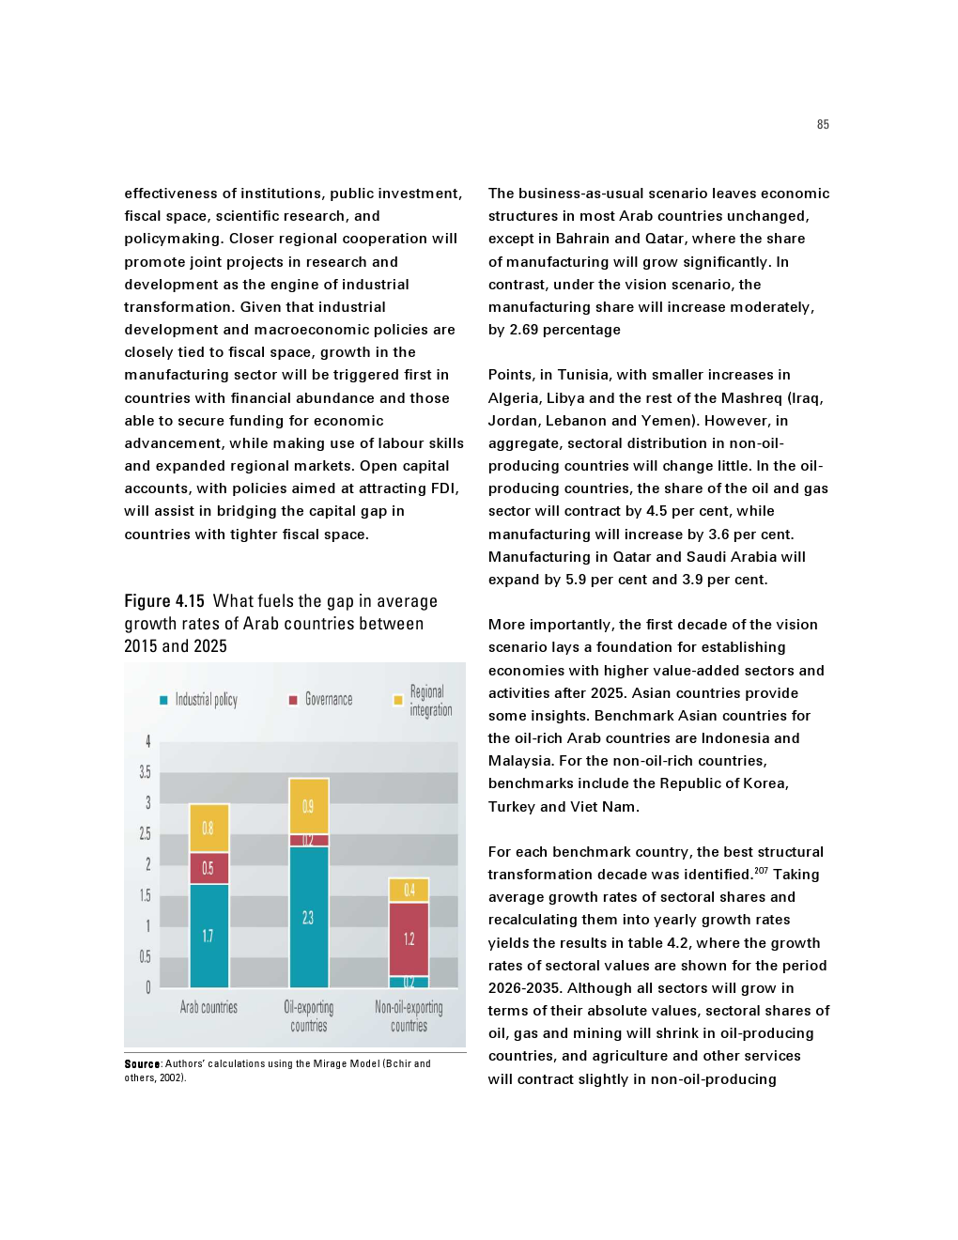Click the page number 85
pyautogui.click(x=823, y=125)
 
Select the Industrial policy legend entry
pyautogui.click(x=198, y=700)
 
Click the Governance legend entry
pyautogui.click(x=320, y=700)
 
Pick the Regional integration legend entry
pyautogui.click(x=424, y=701)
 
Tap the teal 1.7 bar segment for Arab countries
pyautogui.click(x=209, y=936)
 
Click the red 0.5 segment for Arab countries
pyautogui.click(x=209, y=868)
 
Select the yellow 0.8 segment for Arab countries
pyautogui.click(x=209, y=828)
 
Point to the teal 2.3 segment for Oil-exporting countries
pyautogui.click(x=308, y=917)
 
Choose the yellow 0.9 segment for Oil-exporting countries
pyautogui.click(x=308, y=806)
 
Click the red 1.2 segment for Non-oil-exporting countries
pyautogui.click(x=409, y=938)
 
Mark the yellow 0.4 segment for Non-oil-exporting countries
pyautogui.click(x=409, y=890)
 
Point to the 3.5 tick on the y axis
pyautogui.click(x=145, y=772)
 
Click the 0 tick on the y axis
pyautogui.click(x=147, y=987)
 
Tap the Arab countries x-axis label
pyautogui.click(x=209, y=1007)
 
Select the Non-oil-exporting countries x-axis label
pyautogui.click(x=409, y=1016)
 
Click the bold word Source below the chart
pyautogui.click(x=142, y=1064)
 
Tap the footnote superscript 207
pyautogui.click(x=761, y=871)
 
